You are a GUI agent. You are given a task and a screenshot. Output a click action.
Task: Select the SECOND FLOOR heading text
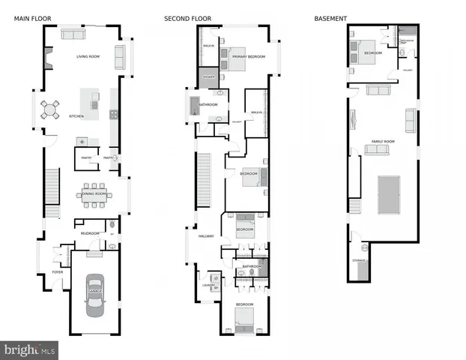point(188,17)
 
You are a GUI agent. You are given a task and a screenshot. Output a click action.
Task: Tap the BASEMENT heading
point(331,17)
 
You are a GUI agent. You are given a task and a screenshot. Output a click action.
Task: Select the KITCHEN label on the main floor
point(76,117)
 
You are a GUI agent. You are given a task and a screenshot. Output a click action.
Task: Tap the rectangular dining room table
point(95,194)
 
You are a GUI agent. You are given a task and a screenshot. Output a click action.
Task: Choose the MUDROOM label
point(90,233)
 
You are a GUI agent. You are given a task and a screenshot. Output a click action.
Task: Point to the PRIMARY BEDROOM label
point(248,57)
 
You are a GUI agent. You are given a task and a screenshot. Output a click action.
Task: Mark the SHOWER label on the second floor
point(208,76)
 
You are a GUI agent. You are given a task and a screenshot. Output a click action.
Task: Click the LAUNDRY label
point(208,285)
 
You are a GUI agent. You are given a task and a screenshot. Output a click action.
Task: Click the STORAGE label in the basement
point(359,260)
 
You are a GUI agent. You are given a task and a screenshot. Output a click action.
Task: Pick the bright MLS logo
point(30,349)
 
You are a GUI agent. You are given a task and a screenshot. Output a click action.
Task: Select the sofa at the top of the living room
point(73,34)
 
